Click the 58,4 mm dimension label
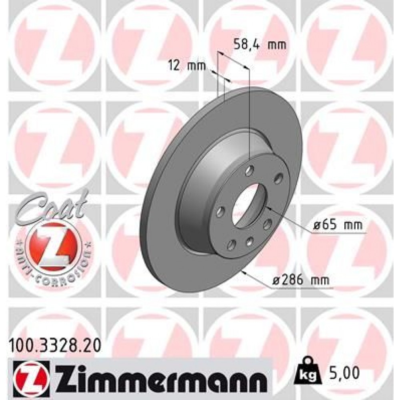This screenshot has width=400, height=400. click(259, 45)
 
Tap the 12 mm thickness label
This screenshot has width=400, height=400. click(186, 66)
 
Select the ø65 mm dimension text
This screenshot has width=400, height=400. click(338, 226)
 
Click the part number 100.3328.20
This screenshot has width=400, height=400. click(54, 343)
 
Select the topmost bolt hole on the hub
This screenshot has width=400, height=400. click(250, 171)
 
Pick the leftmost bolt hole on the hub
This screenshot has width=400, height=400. click(219, 211)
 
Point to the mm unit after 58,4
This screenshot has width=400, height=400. click(277, 45)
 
